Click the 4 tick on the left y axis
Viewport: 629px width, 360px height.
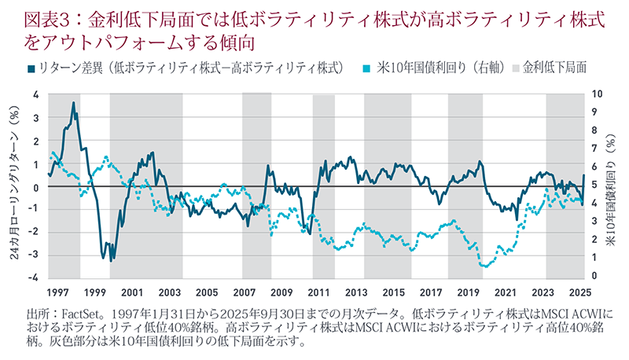35,95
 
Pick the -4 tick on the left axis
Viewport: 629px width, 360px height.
34,278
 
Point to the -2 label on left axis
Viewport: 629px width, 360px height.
34,233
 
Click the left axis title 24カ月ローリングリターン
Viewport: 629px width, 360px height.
13,186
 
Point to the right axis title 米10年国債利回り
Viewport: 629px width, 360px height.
614,186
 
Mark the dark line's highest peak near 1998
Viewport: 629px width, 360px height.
73,103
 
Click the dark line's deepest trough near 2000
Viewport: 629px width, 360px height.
112,260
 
